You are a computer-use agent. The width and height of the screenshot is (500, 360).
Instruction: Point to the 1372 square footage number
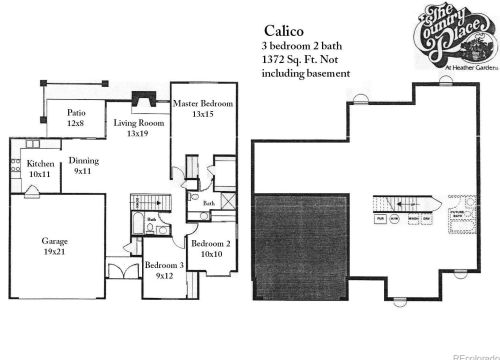coord(273,60)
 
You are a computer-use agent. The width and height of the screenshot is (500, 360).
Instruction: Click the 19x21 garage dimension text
coord(54,252)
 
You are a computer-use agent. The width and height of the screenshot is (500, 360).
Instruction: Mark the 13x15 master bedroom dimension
coord(203,115)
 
